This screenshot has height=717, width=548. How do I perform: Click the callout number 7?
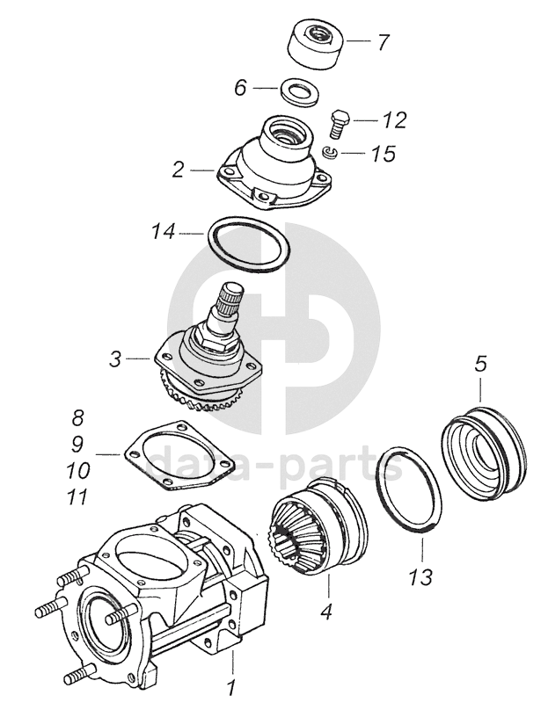[384, 42]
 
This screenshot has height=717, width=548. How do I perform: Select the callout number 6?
[240, 87]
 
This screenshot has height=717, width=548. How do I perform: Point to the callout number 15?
[384, 154]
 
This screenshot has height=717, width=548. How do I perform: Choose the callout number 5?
[479, 362]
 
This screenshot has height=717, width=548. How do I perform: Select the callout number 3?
[116, 358]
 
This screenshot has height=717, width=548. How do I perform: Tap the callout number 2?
[178, 169]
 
